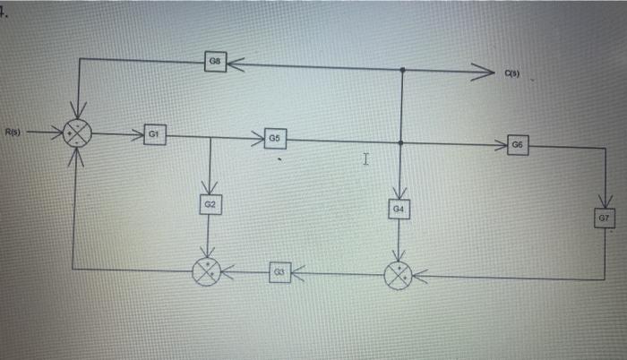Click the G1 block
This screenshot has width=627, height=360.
(x=154, y=134)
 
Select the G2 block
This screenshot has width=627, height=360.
(x=210, y=205)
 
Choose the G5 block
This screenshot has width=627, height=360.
(x=275, y=140)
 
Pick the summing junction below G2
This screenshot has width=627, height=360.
(x=209, y=270)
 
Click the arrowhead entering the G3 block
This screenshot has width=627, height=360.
(x=296, y=269)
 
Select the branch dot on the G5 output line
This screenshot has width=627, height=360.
(x=400, y=141)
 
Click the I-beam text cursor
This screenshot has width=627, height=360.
(x=365, y=159)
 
